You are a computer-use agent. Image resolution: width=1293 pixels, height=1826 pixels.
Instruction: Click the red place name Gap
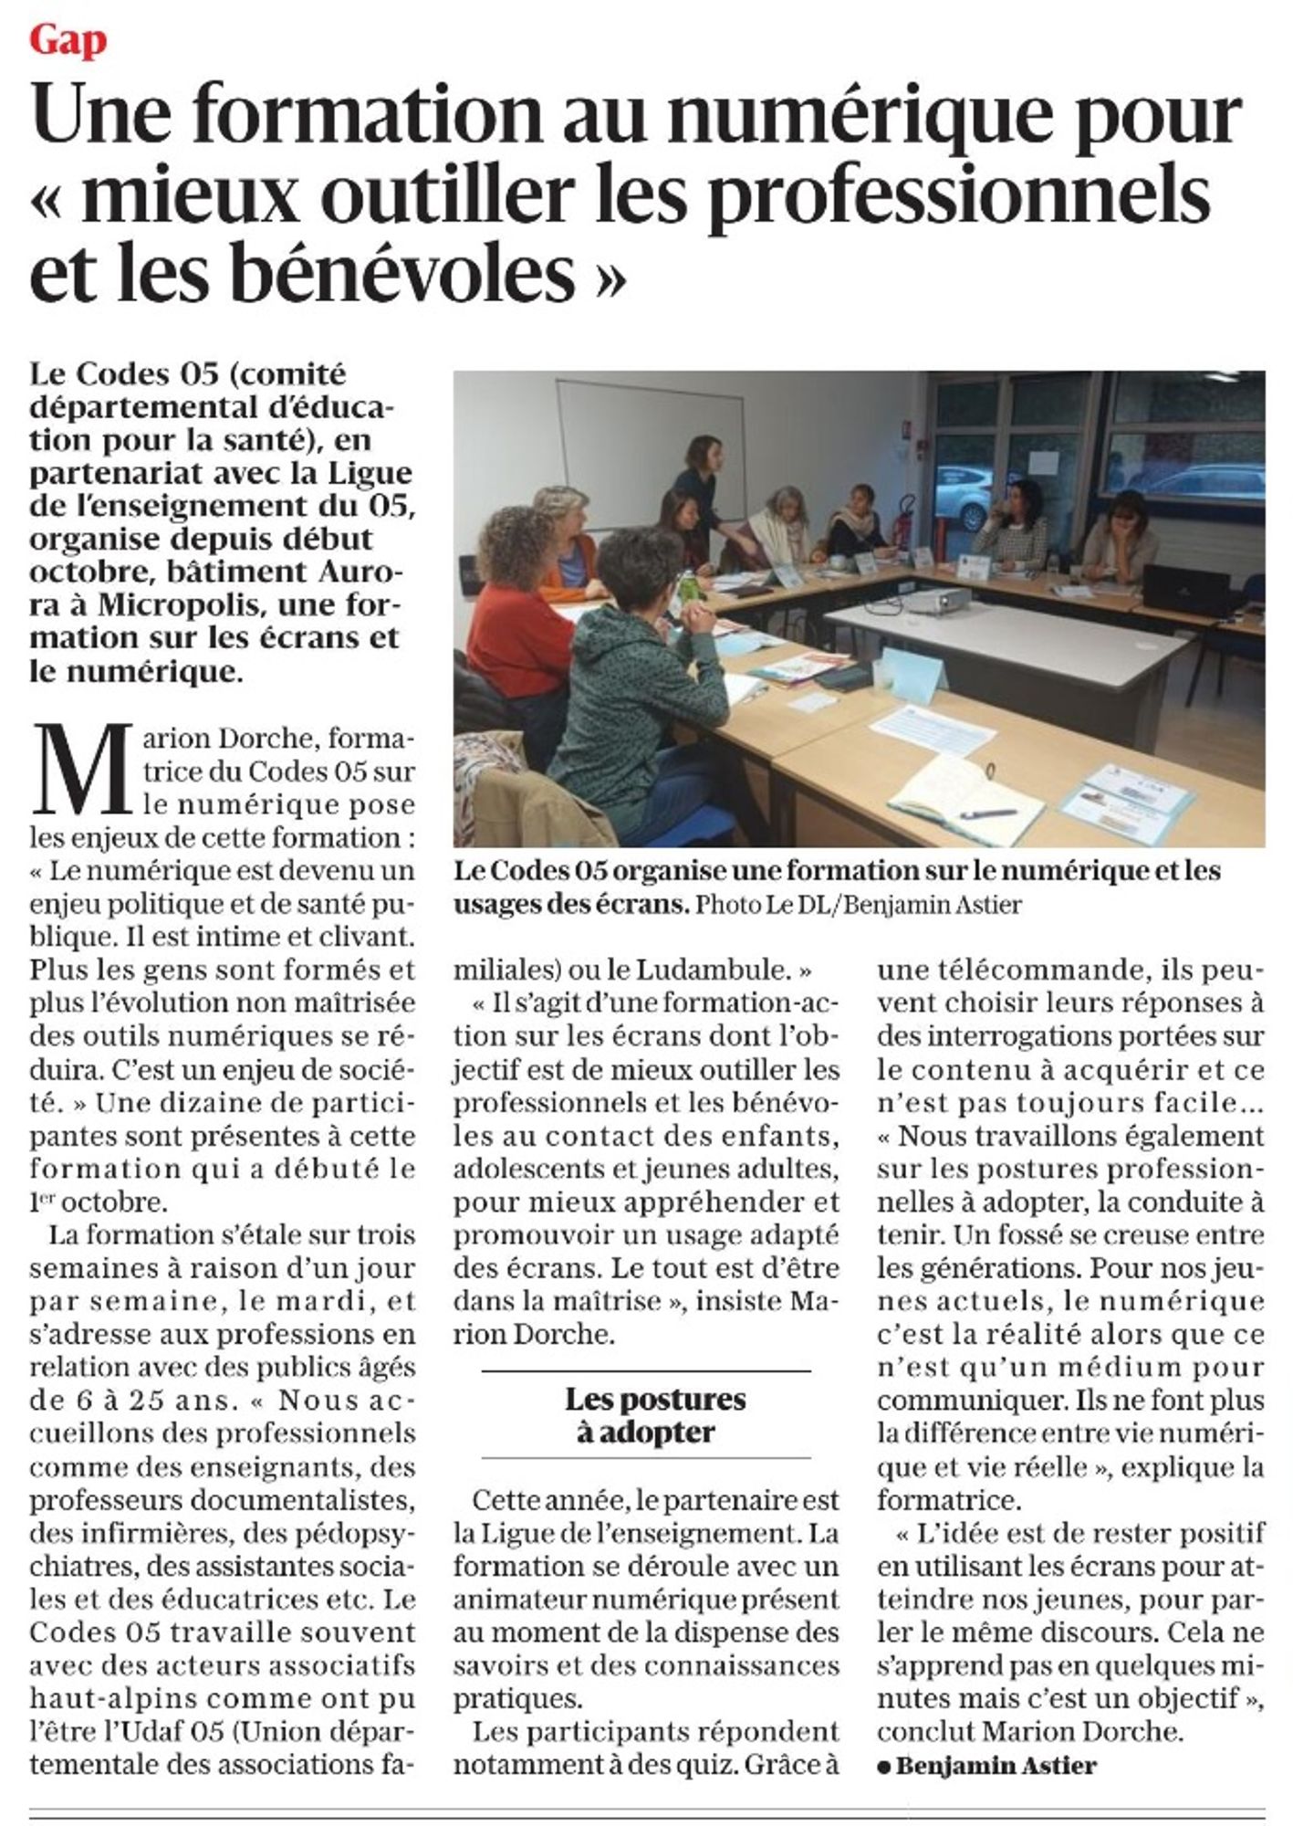[x=68, y=41]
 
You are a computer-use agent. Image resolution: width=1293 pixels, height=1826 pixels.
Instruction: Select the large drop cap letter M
[x=84, y=769]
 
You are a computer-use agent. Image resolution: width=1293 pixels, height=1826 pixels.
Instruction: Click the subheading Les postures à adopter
[x=654, y=1415]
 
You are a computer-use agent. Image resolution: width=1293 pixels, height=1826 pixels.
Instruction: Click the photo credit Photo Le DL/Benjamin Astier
[x=858, y=904]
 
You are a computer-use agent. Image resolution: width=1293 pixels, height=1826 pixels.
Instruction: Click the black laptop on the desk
[x=1186, y=590]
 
